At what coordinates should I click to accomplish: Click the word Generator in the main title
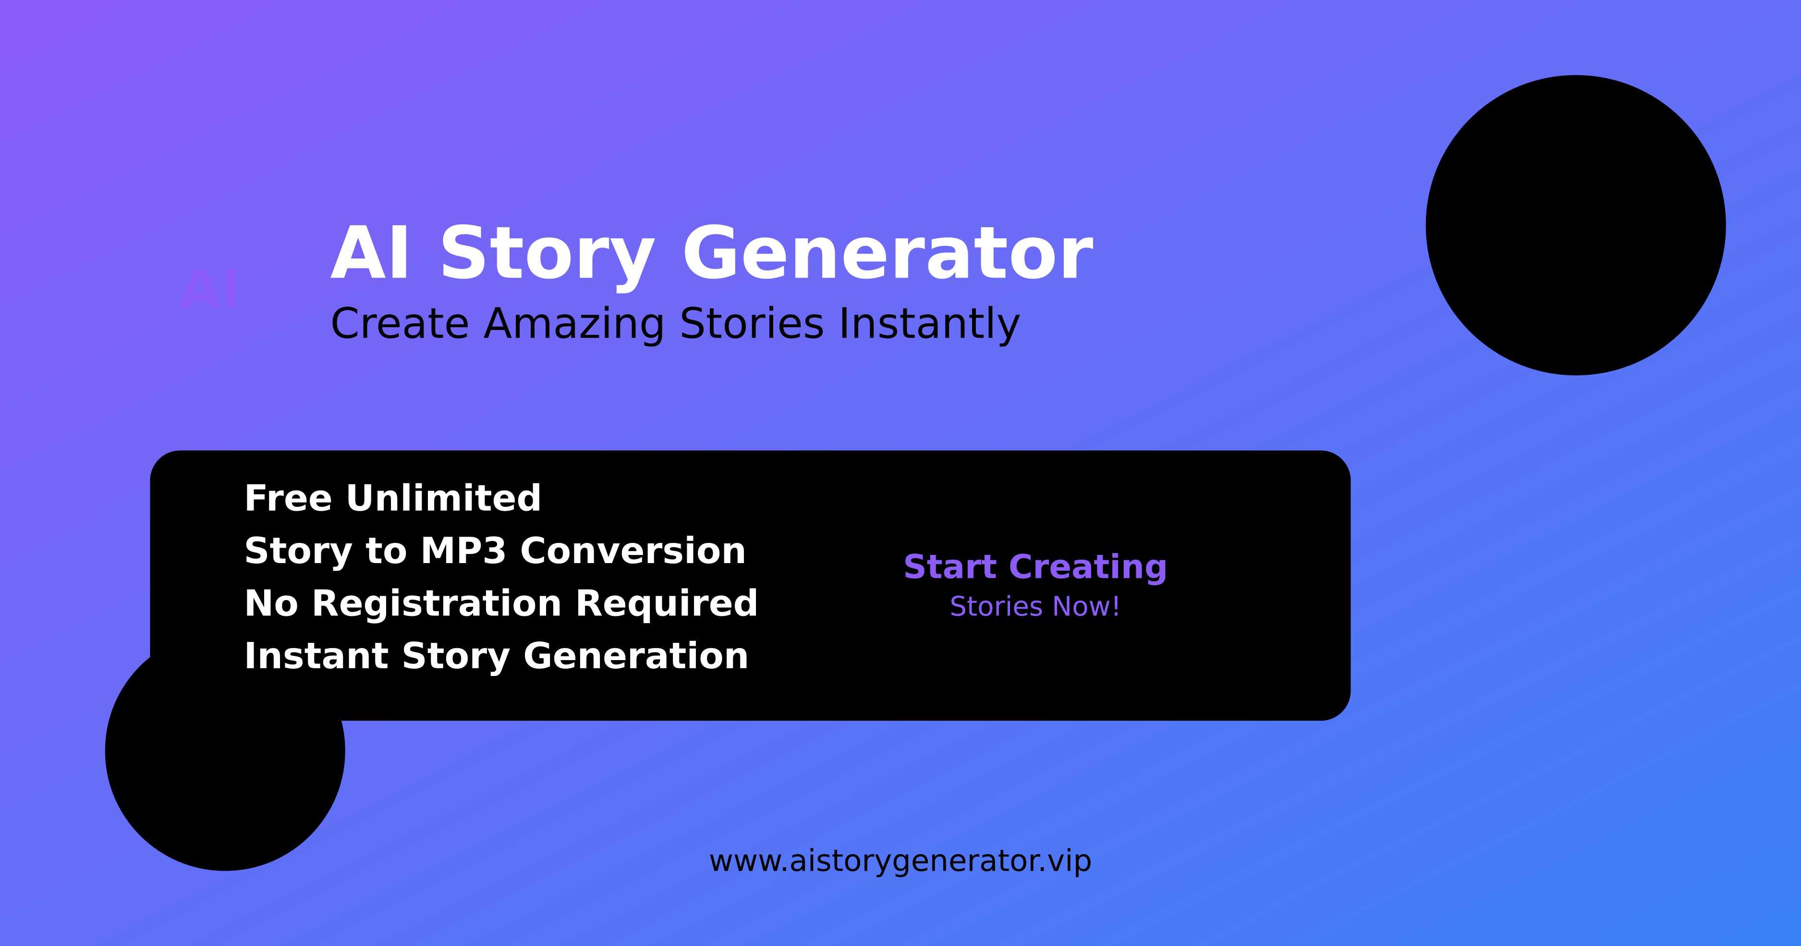click(x=888, y=253)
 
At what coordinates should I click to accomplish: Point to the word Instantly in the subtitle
click(x=929, y=324)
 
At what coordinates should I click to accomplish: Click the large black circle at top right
click(x=1576, y=225)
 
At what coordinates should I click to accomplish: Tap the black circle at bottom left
click(x=225, y=755)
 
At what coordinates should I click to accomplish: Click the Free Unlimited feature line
click(x=393, y=498)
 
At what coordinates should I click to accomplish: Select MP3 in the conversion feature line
click(x=463, y=551)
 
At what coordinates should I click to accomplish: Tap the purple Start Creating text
click(x=1035, y=567)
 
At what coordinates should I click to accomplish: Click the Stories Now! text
click(x=1035, y=606)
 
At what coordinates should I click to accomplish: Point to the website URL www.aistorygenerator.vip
click(x=900, y=861)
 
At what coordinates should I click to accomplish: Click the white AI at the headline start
click(x=370, y=253)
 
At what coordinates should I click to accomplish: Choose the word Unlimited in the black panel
click(x=444, y=498)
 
